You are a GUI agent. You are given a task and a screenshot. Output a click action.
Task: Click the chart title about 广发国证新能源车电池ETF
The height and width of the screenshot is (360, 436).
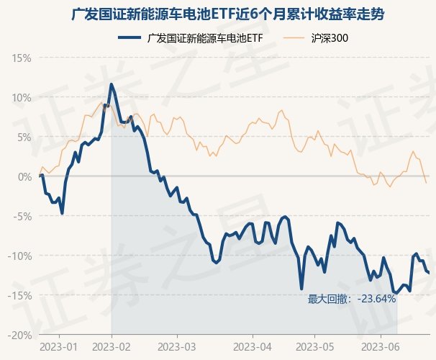pos(218,14)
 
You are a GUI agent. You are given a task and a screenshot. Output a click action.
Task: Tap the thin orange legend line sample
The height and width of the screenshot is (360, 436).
pos(294,38)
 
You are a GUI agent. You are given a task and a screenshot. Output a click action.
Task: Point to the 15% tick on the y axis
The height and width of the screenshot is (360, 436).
pos(22,58)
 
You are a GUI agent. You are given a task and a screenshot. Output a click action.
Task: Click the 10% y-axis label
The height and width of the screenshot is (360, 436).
pos(22,97)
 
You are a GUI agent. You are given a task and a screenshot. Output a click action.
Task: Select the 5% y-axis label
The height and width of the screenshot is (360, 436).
pos(24,137)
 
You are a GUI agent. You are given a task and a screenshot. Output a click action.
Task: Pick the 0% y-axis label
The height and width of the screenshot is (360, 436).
pos(24,176)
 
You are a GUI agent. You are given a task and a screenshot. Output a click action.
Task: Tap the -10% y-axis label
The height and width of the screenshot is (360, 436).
pos(20,256)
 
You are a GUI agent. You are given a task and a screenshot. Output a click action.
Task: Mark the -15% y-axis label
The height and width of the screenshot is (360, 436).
pos(20,295)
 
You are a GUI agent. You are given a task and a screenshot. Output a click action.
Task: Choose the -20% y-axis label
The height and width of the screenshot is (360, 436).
pos(20,335)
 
